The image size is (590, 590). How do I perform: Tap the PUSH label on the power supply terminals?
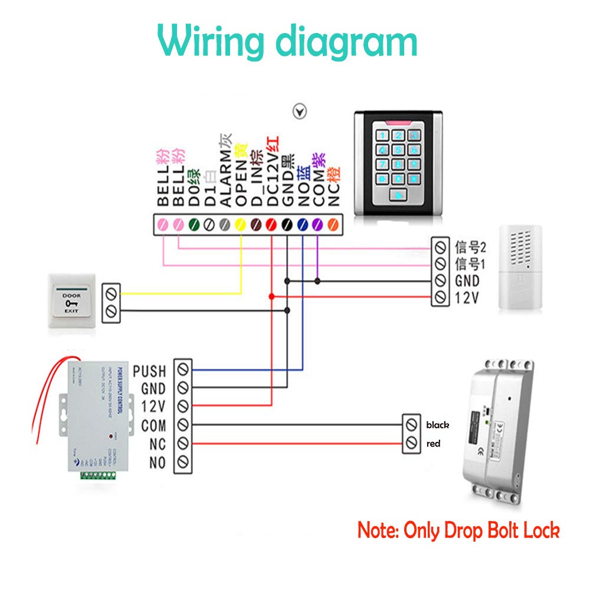[x=150, y=371]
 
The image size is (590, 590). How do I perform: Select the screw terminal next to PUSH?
[x=183, y=371]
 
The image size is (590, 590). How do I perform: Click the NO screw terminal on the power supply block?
[x=183, y=461]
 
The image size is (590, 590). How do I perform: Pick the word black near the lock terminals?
[x=437, y=425]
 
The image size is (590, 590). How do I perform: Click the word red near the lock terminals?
[x=433, y=444]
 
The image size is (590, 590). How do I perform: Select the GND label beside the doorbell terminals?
[x=467, y=281]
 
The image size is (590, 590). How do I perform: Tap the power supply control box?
[x=88, y=413]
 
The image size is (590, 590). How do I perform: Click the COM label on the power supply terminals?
[x=153, y=425]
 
